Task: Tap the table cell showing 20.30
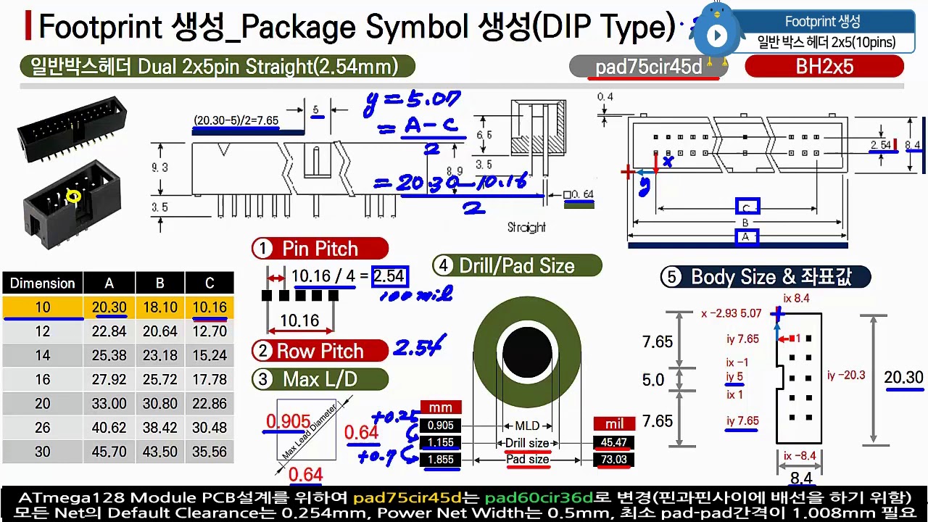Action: point(109,307)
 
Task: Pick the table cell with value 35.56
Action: point(210,452)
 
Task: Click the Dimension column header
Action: point(43,283)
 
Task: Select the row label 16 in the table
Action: point(43,379)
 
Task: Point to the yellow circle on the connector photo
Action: point(73,196)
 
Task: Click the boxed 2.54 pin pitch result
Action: point(389,276)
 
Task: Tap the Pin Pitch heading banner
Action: point(320,249)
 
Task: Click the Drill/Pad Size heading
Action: point(516,266)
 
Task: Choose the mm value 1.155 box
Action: point(441,442)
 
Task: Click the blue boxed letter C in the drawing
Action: point(747,207)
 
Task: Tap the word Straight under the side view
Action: point(526,228)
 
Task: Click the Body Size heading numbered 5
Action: point(765,277)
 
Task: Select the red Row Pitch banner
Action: point(320,351)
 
